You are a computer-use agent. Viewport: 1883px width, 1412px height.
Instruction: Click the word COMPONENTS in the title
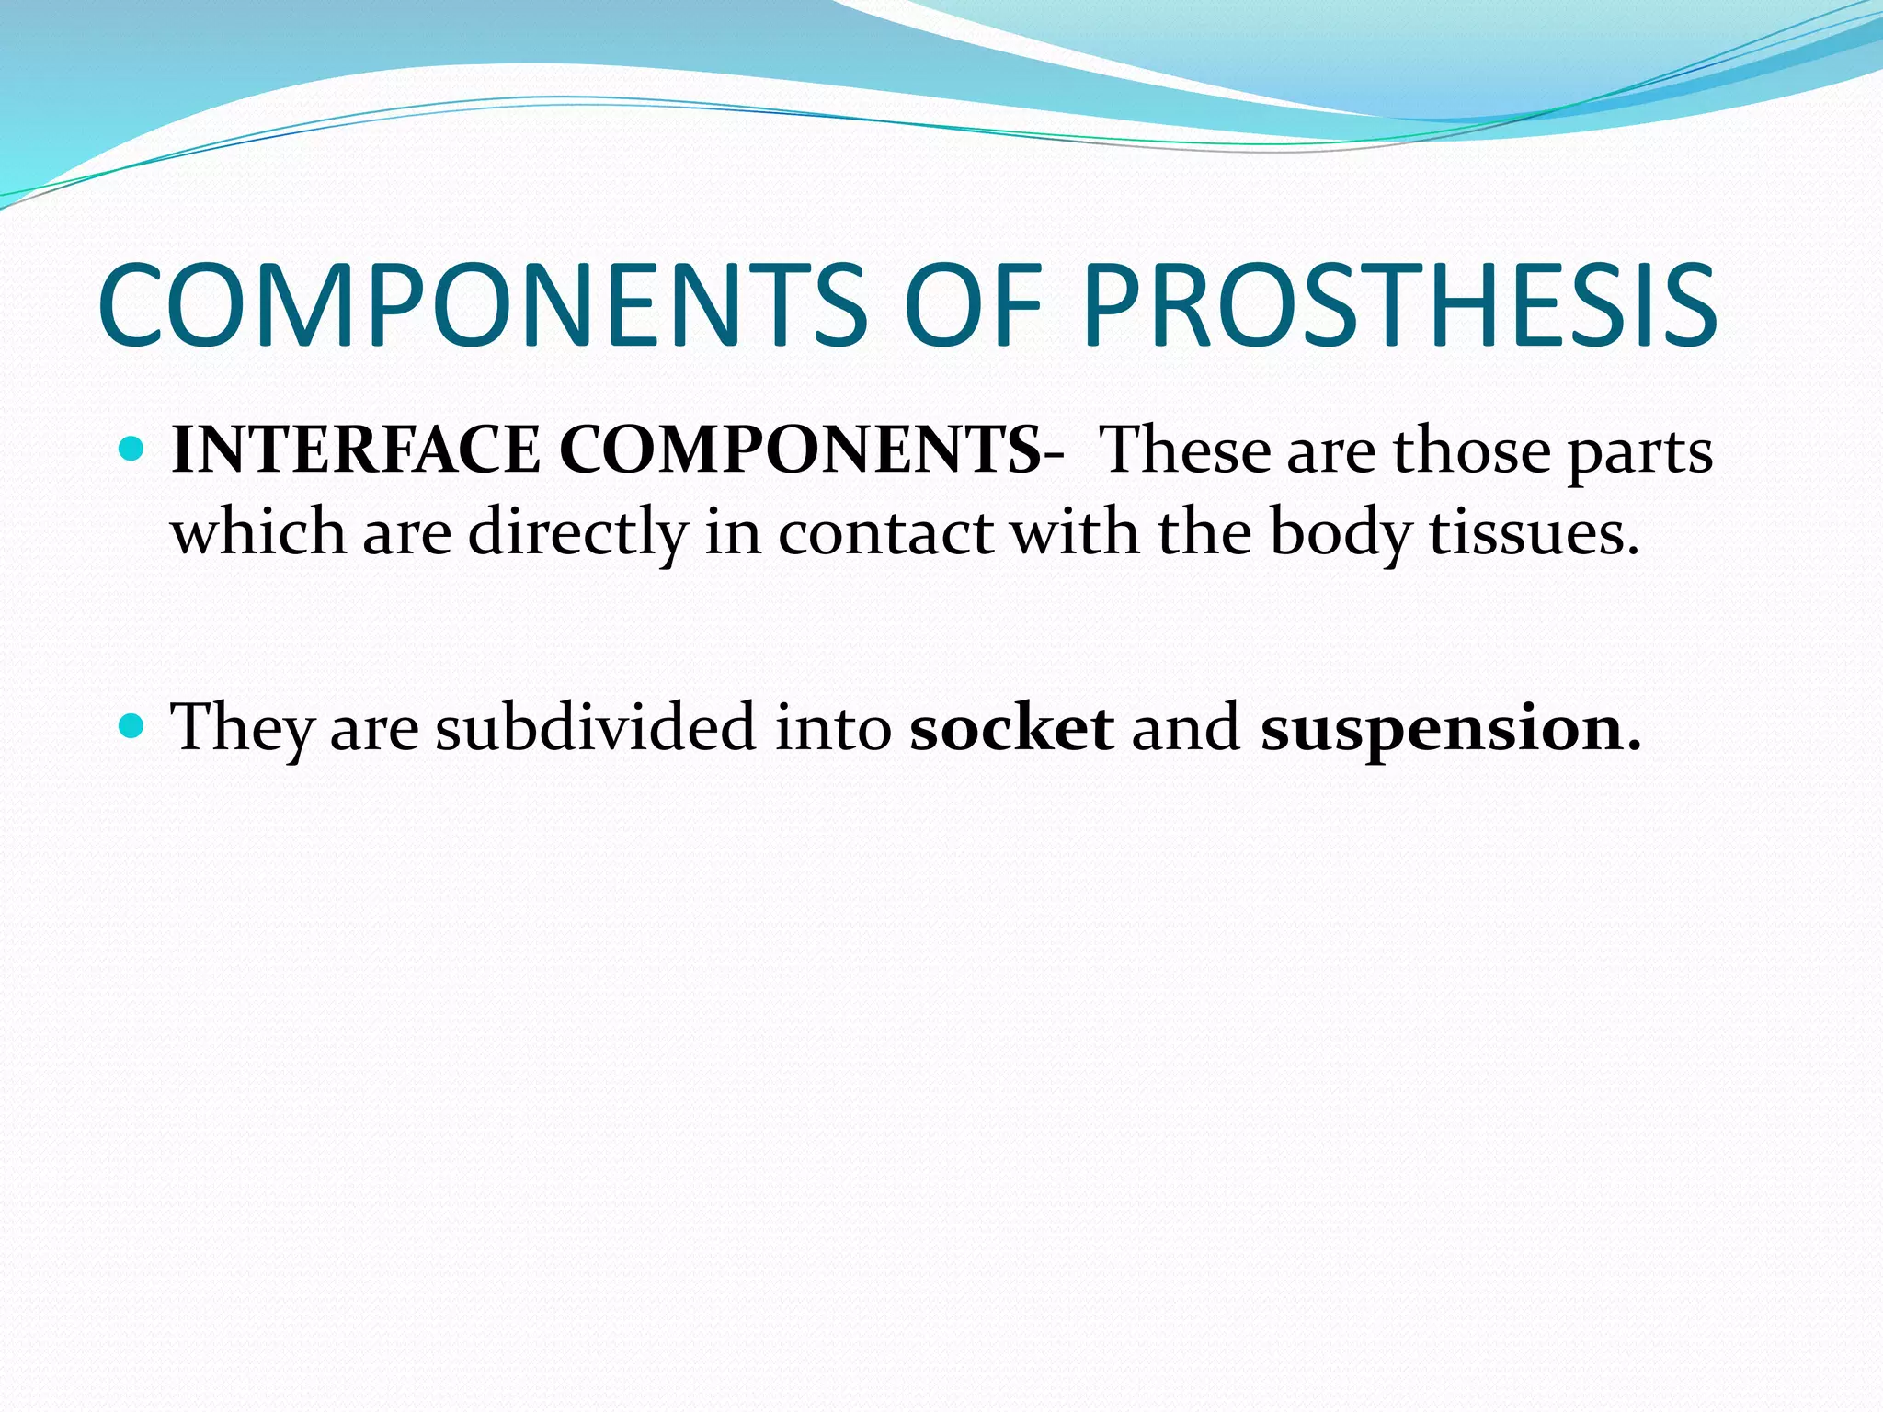tap(482, 305)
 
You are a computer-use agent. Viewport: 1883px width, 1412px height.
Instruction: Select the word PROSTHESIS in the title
tap(1398, 305)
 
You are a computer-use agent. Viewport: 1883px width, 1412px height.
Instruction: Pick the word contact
tap(885, 533)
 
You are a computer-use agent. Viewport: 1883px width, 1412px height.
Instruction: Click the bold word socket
tap(1011, 726)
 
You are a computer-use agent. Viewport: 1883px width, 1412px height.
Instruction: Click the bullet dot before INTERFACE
tap(133, 450)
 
